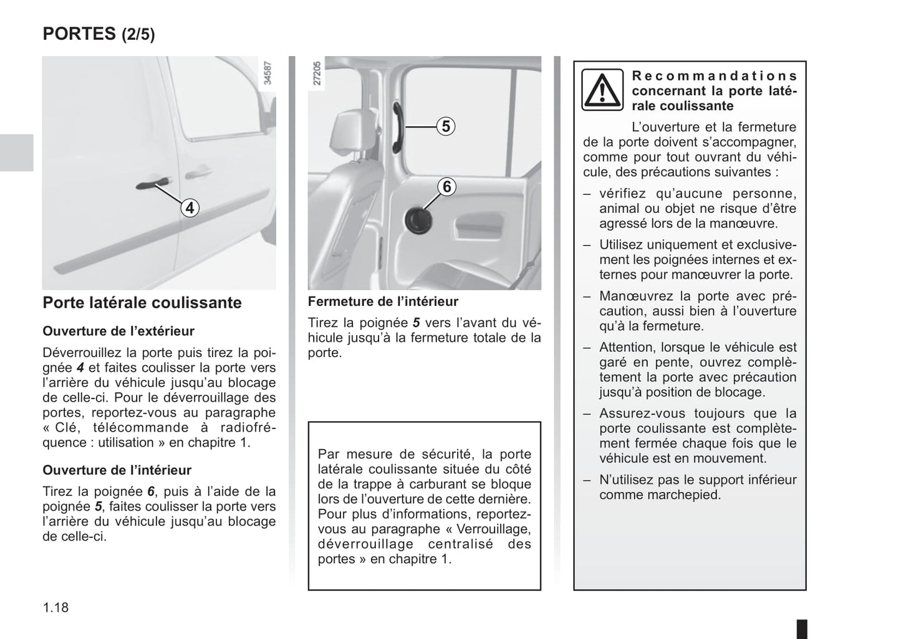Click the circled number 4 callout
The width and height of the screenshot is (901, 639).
pyautogui.click(x=190, y=207)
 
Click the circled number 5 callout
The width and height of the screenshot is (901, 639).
pyautogui.click(x=446, y=126)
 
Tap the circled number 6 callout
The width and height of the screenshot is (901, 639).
pyautogui.click(x=446, y=187)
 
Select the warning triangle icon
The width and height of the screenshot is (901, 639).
pyautogui.click(x=602, y=90)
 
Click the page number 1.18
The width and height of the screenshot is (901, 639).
pyautogui.click(x=55, y=607)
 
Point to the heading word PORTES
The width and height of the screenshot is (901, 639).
pyautogui.click(x=79, y=34)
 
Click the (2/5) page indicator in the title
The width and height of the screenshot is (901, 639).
pyautogui.click(x=138, y=34)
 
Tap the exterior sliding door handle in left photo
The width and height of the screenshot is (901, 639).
pyautogui.click(x=153, y=183)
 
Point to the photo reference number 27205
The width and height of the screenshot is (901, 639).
pyautogui.click(x=317, y=73)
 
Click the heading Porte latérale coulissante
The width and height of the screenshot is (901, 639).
pyautogui.click(x=142, y=303)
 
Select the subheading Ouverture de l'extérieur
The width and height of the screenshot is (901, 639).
pyautogui.click(x=118, y=331)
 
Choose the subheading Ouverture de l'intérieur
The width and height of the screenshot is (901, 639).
pyautogui.click(x=117, y=470)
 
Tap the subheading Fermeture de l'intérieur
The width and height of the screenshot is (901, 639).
pyautogui.click(x=383, y=301)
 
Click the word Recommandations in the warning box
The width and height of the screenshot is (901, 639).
pyautogui.click(x=714, y=76)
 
